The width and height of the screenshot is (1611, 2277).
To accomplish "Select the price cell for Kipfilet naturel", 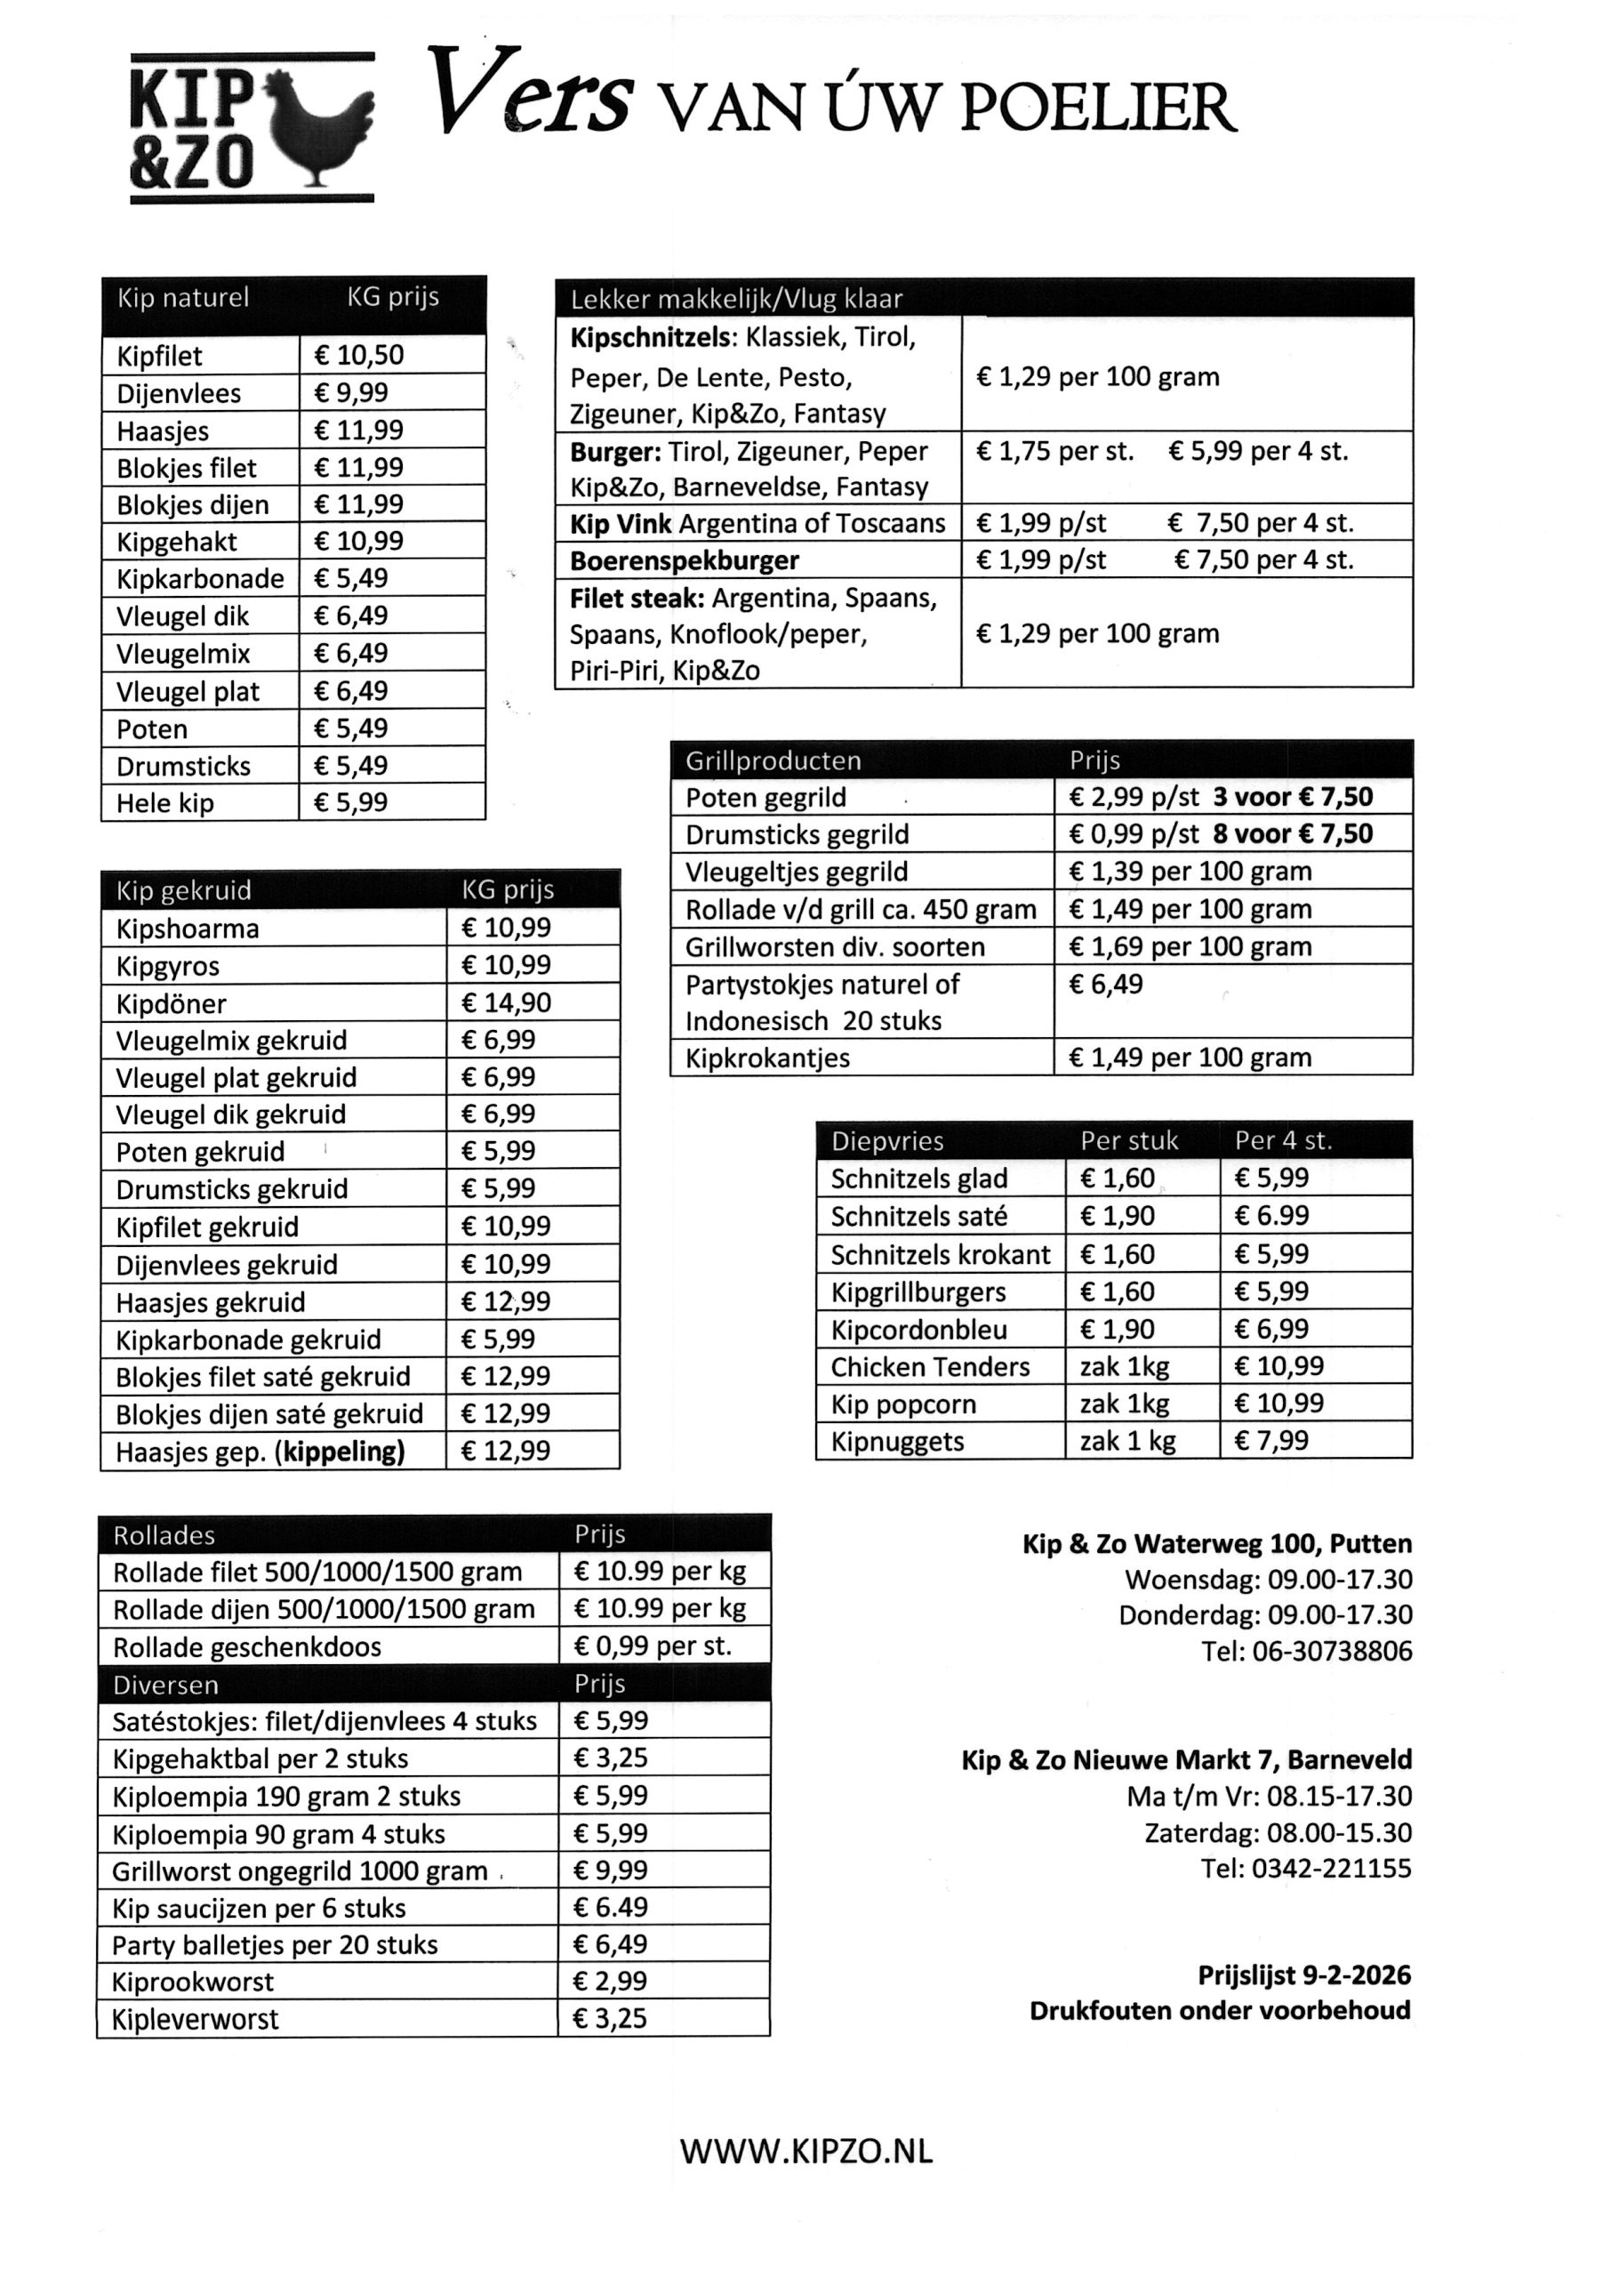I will point(391,355).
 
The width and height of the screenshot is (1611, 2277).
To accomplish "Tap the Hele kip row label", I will point(164,802).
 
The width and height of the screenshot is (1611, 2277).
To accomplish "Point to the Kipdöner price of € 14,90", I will point(505,1002).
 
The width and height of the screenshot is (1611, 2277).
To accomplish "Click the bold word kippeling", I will point(342,1452).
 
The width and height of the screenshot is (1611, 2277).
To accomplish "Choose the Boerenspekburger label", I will point(685,560).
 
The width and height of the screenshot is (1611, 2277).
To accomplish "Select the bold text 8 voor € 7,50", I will point(1292,834).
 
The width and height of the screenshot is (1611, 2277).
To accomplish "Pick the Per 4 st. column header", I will point(1283,1141).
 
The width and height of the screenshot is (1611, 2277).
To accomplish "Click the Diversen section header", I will point(165,1685).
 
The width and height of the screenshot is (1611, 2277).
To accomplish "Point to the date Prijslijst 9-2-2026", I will point(1303,1975).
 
